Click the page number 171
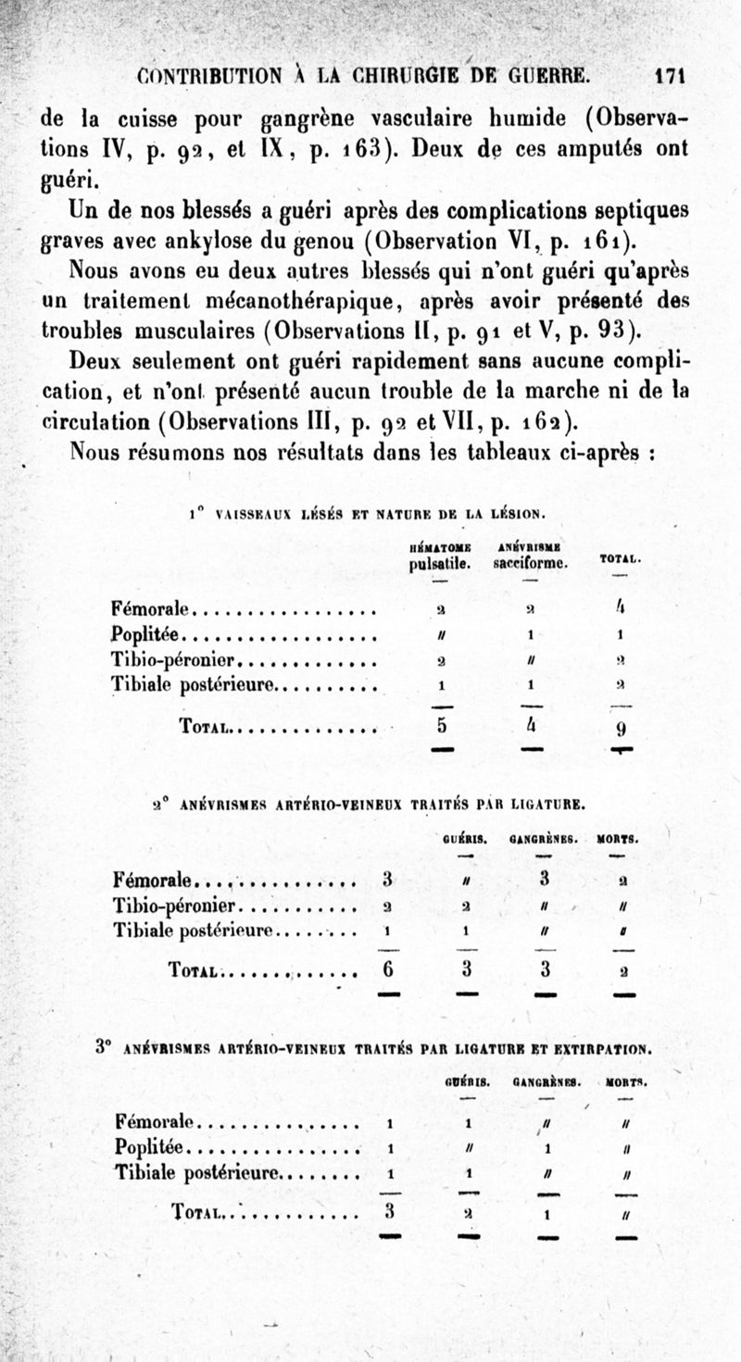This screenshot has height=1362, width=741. click(x=674, y=76)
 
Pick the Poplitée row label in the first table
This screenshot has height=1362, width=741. click(x=147, y=635)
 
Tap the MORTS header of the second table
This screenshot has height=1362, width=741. click(x=618, y=841)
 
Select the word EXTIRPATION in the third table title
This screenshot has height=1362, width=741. click(x=602, y=1049)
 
